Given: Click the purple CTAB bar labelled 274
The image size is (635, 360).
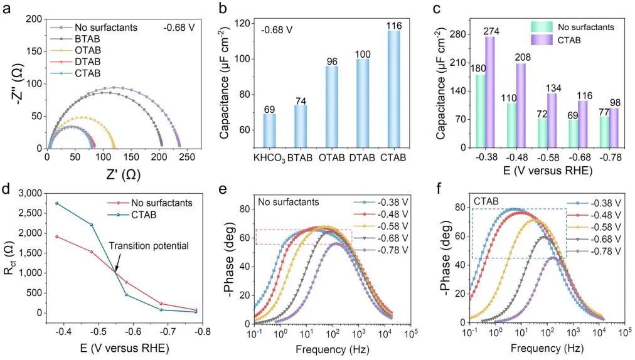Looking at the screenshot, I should coord(489,92).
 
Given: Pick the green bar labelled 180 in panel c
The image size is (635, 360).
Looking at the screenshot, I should coord(481,111).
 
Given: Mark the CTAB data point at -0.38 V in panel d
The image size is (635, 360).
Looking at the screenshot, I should coord(57,203).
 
